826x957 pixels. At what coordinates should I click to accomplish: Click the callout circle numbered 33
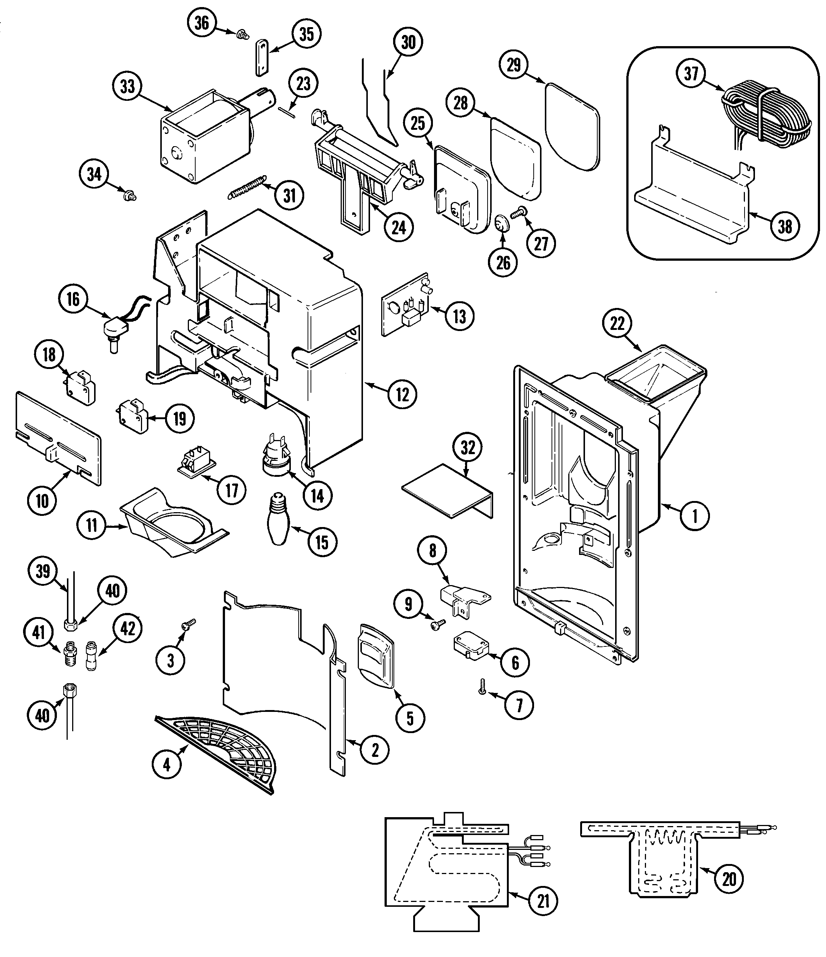(128, 86)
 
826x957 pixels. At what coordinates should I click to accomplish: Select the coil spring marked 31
(248, 187)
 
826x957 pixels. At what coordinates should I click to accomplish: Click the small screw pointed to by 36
(240, 34)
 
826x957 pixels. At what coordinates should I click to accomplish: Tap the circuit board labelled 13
(405, 305)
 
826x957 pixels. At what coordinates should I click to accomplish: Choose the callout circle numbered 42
(128, 628)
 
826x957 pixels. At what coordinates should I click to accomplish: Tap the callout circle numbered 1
(694, 516)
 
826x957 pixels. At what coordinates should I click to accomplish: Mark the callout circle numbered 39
(43, 571)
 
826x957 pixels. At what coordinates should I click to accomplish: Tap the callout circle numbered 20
(729, 879)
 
